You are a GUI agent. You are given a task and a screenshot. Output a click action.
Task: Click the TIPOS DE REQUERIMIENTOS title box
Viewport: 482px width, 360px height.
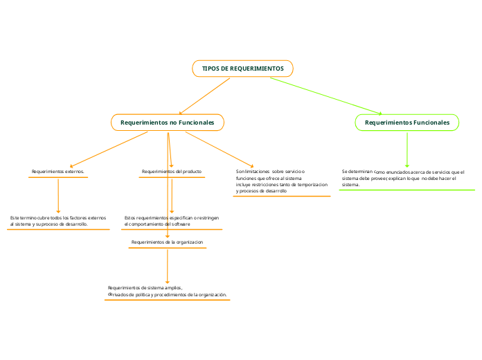tap(242, 69)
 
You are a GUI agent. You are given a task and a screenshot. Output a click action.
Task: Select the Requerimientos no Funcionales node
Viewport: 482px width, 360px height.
tap(168, 123)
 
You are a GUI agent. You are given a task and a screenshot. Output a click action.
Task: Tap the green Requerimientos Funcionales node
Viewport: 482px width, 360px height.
tap(407, 123)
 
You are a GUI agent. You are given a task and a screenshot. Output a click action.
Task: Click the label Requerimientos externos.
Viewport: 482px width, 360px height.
tap(58, 171)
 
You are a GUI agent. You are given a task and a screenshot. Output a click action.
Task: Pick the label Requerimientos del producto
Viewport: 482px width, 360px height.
tap(172, 171)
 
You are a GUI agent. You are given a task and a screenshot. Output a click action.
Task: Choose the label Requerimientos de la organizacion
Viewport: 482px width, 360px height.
tap(168, 242)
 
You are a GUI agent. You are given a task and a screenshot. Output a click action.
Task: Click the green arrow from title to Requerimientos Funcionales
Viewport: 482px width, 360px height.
tap(325, 96)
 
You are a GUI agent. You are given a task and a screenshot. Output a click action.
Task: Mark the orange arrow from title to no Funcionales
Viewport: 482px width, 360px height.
tap(204, 96)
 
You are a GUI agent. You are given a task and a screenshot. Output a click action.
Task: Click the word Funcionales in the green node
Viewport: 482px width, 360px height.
tap(431, 123)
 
